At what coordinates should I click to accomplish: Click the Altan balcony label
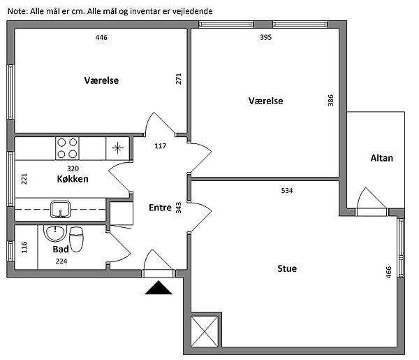pos(381,158)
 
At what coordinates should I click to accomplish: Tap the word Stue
pos(287,268)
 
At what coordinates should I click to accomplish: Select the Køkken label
pos(73,179)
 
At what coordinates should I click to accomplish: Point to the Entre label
pos(160,208)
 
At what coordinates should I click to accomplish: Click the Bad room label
pos(61,250)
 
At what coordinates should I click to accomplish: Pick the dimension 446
pos(101,38)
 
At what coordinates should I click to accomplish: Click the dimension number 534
pos(287,190)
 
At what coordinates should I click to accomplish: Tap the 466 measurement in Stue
pos(389,272)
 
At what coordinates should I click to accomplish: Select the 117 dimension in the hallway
pos(161,146)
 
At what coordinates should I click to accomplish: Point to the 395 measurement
pos(266,38)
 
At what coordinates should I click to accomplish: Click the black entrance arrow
pos(159,288)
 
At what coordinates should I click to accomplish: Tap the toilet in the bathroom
pos(76,239)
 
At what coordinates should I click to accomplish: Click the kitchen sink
pos(60,210)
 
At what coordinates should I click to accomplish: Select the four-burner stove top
pos(67,148)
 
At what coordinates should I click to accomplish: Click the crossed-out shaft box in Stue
pos(205,331)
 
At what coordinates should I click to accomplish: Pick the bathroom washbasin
pos(55,233)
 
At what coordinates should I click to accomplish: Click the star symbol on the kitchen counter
pos(117,148)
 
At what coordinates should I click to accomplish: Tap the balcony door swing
pos(372,199)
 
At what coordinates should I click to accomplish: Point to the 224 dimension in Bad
pos(61,261)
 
